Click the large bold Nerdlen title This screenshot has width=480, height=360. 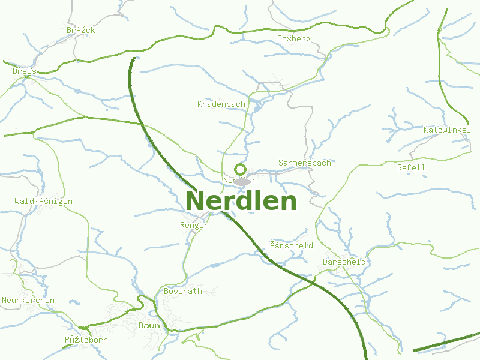[x=241, y=201]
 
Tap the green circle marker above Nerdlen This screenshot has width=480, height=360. [x=241, y=169]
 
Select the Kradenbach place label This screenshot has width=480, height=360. [x=221, y=104]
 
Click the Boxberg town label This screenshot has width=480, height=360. [x=294, y=39]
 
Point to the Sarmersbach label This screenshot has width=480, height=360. [x=305, y=163]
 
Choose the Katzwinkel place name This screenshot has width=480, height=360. [x=447, y=130]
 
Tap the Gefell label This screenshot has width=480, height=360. [x=411, y=168]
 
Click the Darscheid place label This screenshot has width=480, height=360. [x=344, y=262]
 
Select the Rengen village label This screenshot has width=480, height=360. [x=194, y=226]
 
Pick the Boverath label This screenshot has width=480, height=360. [x=183, y=291]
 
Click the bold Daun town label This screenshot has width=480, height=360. [x=149, y=325]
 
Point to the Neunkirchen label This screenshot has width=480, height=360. [x=28, y=301]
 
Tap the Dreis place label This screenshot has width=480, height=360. [x=25, y=71]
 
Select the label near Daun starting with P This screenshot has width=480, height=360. [x=86, y=340]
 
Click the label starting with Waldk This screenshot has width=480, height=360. [x=43, y=202]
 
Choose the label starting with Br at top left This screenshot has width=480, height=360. [x=81, y=30]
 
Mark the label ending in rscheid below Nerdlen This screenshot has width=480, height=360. [x=289, y=246]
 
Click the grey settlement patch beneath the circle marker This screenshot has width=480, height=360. [x=242, y=181]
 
